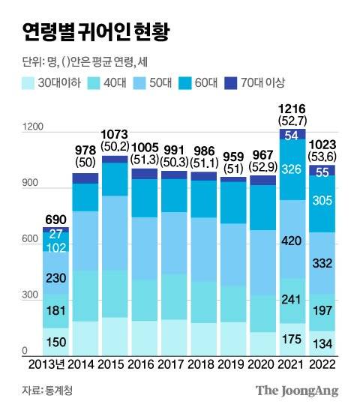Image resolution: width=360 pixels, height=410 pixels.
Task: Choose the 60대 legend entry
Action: pyautogui.click(x=190, y=82)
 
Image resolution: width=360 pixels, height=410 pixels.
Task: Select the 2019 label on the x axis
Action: pyautogui.click(x=232, y=367)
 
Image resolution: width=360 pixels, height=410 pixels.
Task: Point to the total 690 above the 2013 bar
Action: pyautogui.click(x=56, y=217)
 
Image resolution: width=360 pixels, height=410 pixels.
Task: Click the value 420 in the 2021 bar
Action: pyautogui.click(x=292, y=241)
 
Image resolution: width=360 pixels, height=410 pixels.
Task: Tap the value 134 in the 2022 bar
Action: pyautogui.click(x=322, y=344)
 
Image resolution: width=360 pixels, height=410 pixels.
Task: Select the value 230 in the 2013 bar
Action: pyautogui.click(x=56, y=277)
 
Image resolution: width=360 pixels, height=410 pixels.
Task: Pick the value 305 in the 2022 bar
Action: pyautogui.click(x=322, y=200)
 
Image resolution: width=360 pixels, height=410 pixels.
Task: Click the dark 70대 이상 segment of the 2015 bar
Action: pyautogui.click(x=115, y=159)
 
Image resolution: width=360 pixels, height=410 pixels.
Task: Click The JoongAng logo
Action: pyautogui.click(x=297, y=391)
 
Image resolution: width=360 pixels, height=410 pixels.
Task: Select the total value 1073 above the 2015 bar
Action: pyautogui.click(x=115, y=133)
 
